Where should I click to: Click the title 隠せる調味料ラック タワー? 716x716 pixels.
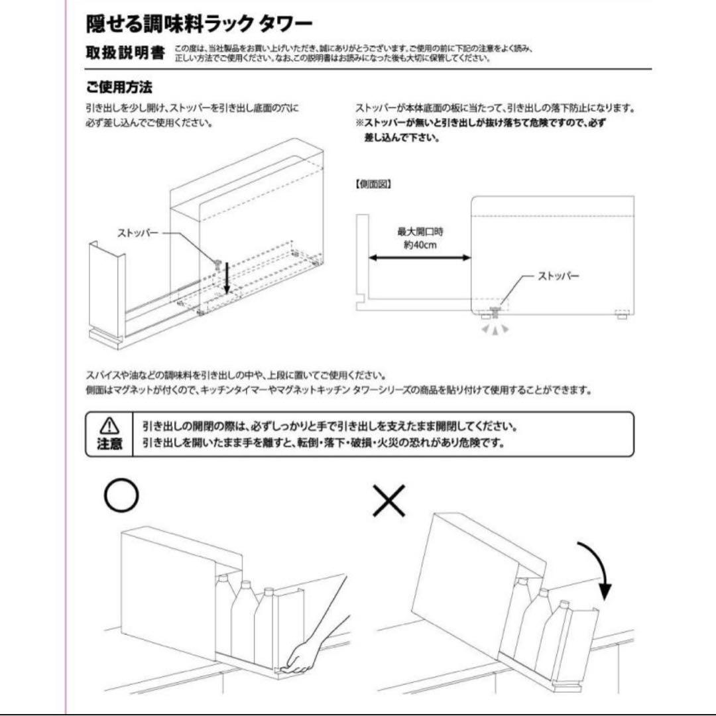coord(199,25)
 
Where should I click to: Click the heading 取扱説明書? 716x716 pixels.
coord(125,54)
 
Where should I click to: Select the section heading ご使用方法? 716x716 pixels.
coord(119,87)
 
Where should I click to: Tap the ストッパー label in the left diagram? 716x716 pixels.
coord(138,233)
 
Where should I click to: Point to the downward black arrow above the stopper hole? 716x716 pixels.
coord(226,276)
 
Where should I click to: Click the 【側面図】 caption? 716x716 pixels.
coord(373,185)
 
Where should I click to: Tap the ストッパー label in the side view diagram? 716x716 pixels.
coord(558,274)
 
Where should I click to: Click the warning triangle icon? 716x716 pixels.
coord(109,425)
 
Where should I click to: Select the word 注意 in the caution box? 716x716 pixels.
coord(109,444)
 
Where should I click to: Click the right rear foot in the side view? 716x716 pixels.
coord(621,314)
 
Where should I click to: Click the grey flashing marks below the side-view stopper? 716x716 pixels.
coord(495,328)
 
